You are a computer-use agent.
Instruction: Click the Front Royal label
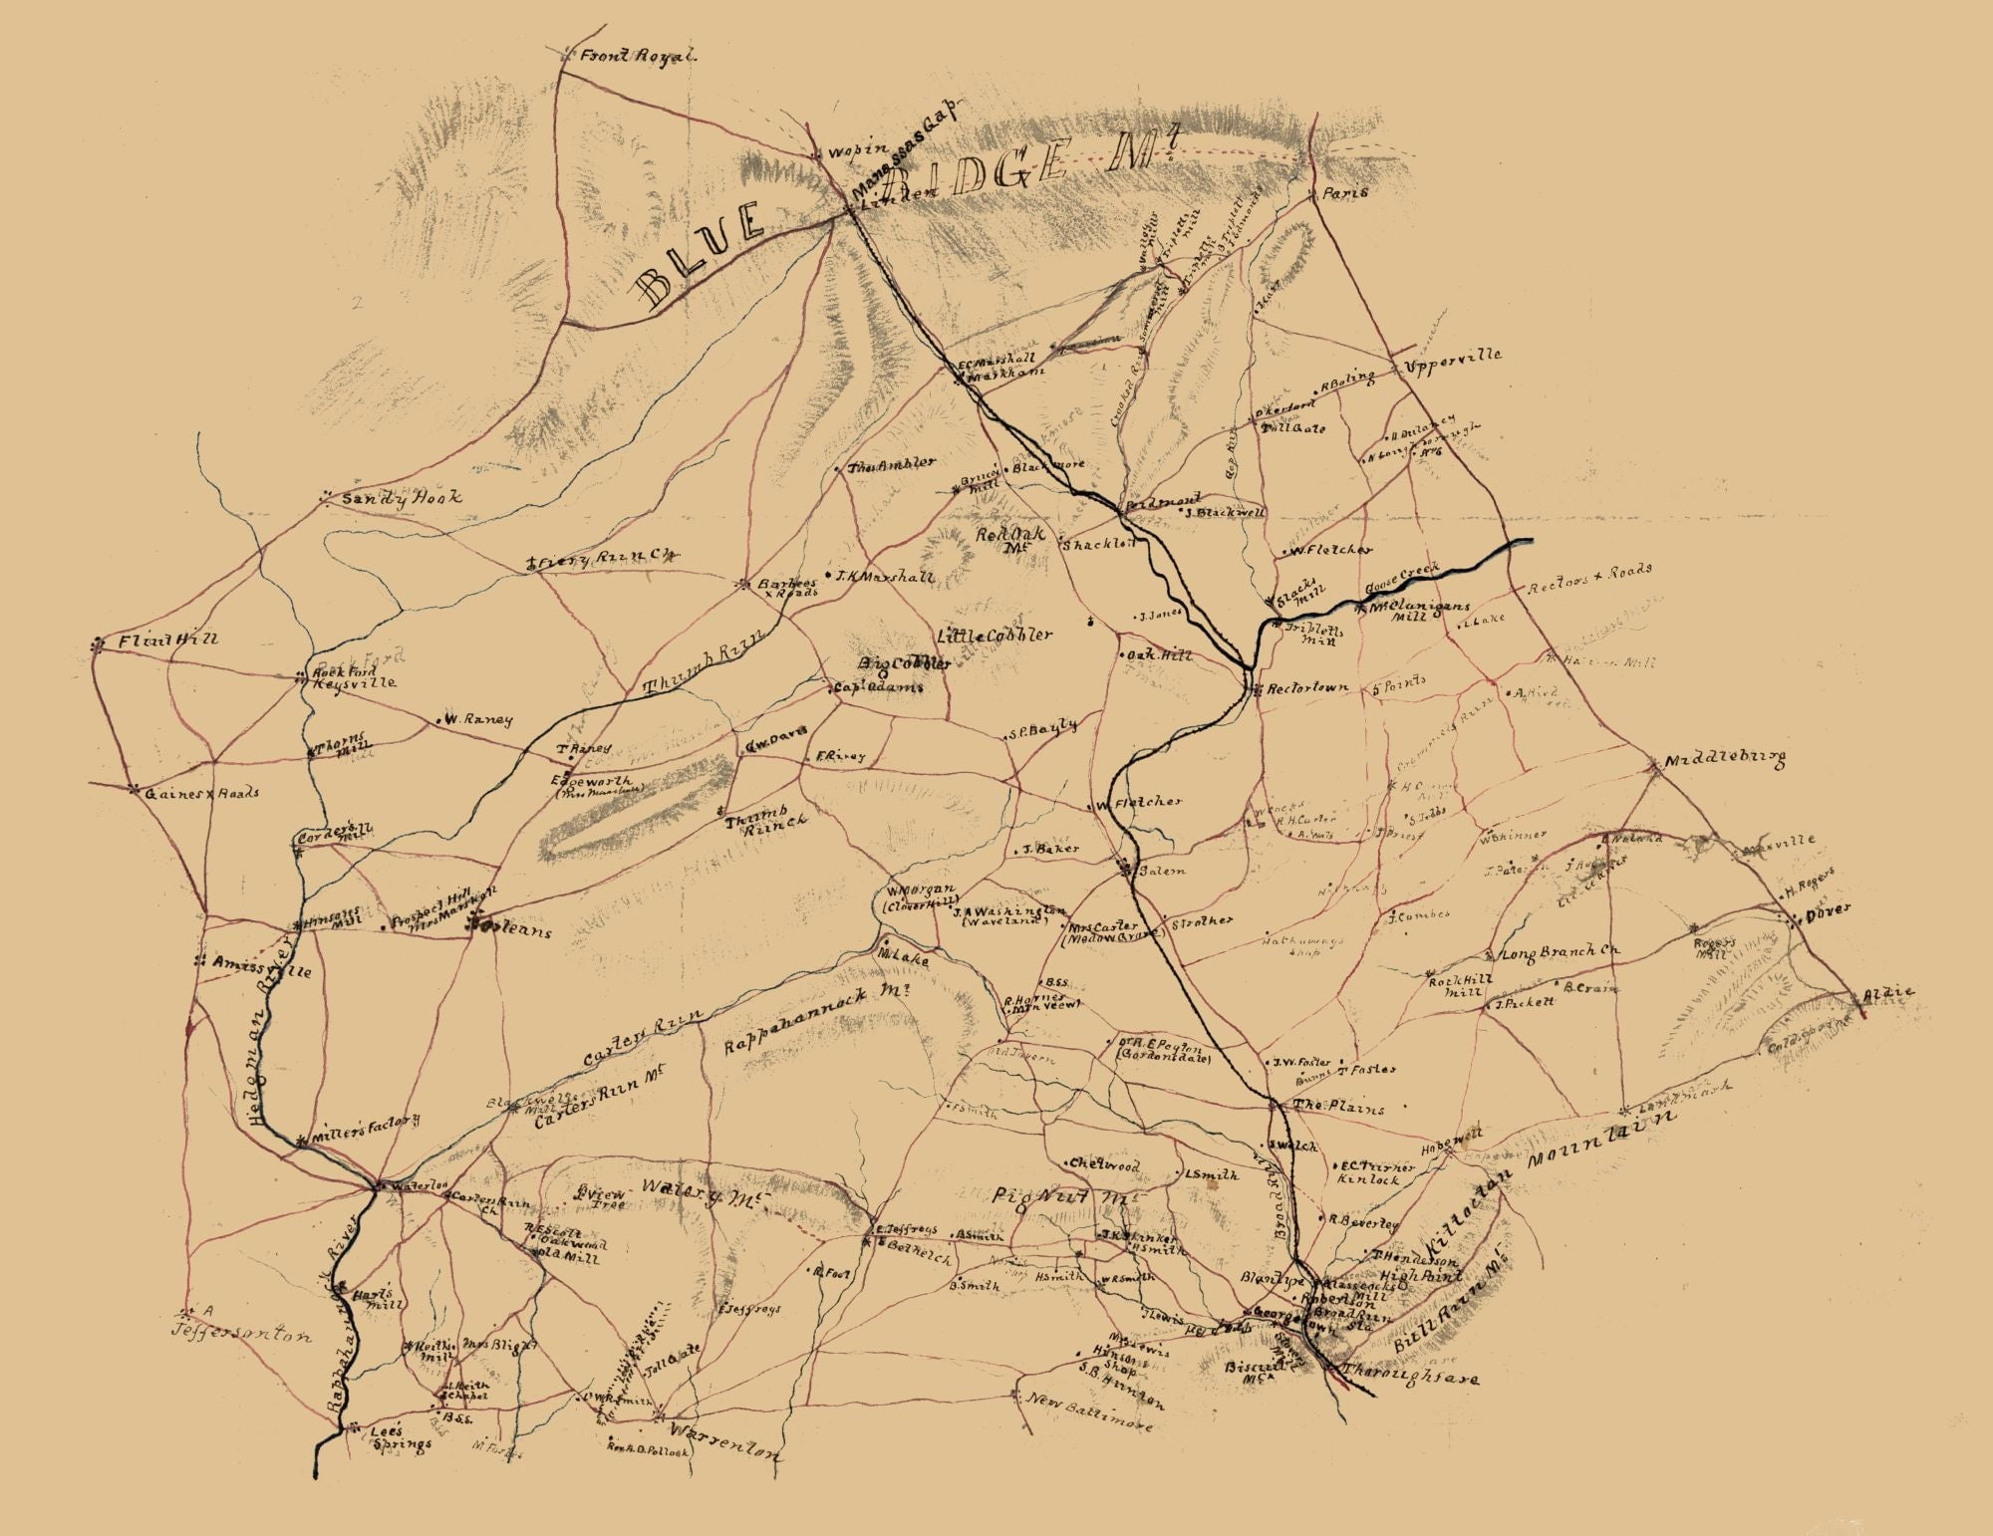click(x=639, y=57)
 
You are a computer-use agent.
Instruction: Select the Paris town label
click(x=1345, y=194)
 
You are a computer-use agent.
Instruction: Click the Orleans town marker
click(x=476, y=925)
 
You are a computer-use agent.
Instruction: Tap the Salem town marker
click(x=1125, y=870)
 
